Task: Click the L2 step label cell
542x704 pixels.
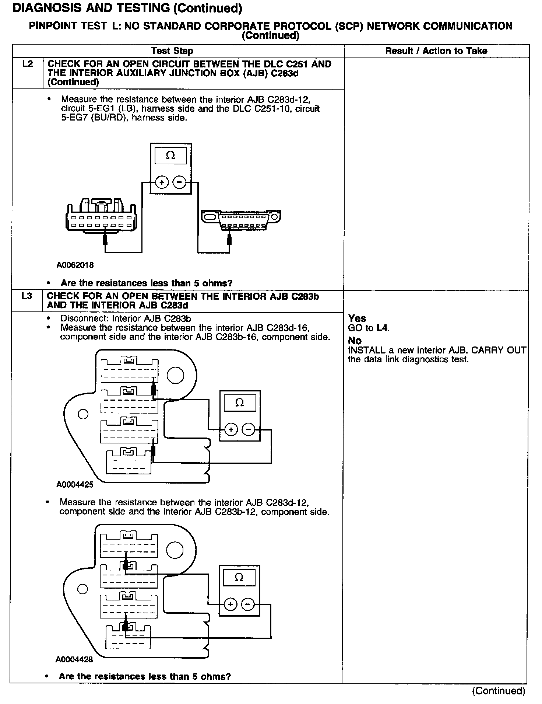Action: (x=28, y=64)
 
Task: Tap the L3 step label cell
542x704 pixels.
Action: (x=27, y=296)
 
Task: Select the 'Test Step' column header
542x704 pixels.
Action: (x=172, y=51)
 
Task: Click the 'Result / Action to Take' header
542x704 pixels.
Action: (x=436, y=51)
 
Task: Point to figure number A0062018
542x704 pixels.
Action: (x=75, y=265)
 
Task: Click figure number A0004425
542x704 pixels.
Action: (x=75, y=485)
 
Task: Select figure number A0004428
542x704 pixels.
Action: (x=74, y=659)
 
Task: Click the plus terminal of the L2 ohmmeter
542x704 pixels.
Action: (x=162, y=182)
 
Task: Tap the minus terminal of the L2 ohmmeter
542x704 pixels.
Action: (x=179, y=182)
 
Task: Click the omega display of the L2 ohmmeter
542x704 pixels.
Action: (x=170, y=156)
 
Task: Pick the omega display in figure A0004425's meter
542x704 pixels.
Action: (x=239, y=403)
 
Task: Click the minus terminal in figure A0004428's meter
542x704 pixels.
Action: (x=247, y=604)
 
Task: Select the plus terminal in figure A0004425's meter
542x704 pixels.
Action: (x=231, y=430)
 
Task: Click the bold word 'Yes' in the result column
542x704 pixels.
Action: (x=357, y=318)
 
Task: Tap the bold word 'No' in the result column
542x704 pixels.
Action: (x=355, y=341)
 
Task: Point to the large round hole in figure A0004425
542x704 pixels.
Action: (x=175, y=375)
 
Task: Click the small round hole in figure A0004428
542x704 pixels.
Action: (x=82, y=589)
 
